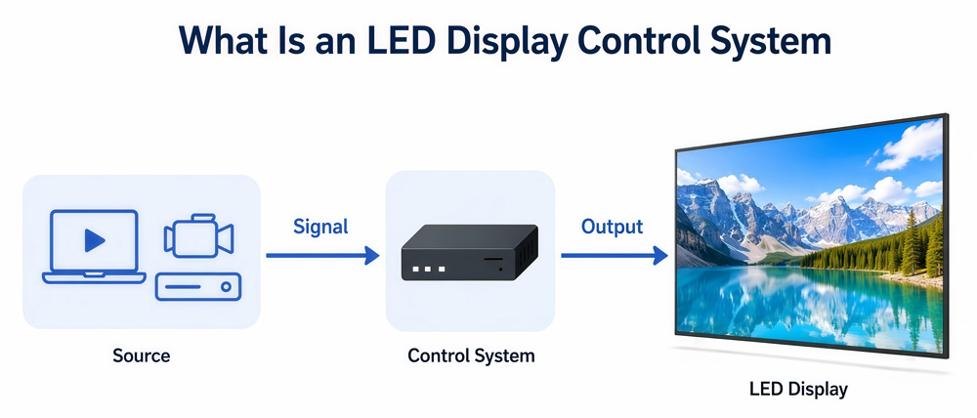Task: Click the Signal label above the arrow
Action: [x=320, y=227]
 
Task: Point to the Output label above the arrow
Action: [x=612, y=227]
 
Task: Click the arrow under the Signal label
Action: [x=322, y=256]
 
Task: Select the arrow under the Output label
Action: [x=615, y=256]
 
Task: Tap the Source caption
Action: [x=142, y=355]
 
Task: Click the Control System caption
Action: [x=471, y=355]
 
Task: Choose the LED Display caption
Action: [x=798, y=390]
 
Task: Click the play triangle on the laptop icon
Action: [x=95, y=240]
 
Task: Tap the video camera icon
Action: [x=198, y=236]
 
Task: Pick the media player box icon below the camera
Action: [x=198, y=286]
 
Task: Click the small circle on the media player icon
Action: [x=227, y=287]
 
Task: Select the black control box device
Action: [x=469, y=252]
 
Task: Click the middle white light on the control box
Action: [x=428, y=270]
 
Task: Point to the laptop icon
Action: [x=94, y=247]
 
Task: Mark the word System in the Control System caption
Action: [x=505, y=356]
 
